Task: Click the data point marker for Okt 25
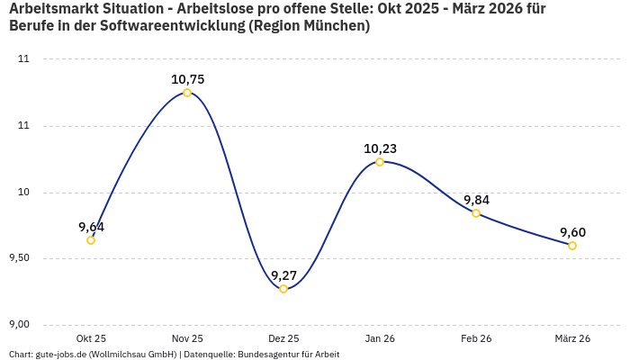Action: (x=91, y=240)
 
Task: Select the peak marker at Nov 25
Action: (x=187, y=93)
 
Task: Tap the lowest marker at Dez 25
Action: (x=283, y=289)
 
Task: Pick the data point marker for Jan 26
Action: (x=380, y=162)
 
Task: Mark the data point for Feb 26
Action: (x=476, y=213)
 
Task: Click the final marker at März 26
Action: (x=572, y=246)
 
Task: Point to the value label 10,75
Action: (x=187, y=79)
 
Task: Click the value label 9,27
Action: (x=283, y=275)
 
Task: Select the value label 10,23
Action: (x=380, y=148)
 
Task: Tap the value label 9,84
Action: (x=476, y=200)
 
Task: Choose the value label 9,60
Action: (x=572, y=232)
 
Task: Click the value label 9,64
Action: (x=91, y=227)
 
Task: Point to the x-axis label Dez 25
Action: (x=283, y=338)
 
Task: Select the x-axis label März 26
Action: (x=572, y=338)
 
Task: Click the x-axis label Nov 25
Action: (x=187, y=338)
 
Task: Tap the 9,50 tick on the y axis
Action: (x=18, y=258)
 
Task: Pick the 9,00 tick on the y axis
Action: (x=18, y=325)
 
